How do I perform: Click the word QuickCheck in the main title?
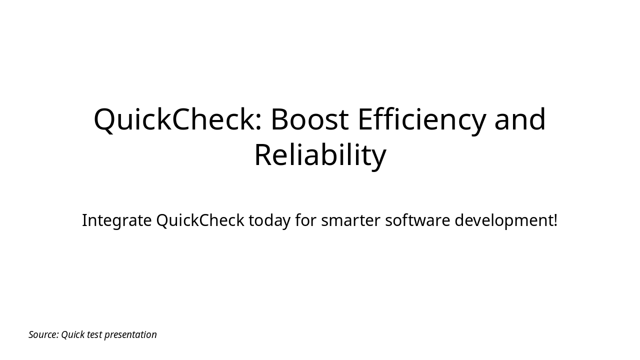click(174, 120)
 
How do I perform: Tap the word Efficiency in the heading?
click(421, 120)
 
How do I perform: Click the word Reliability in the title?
click(320, 155)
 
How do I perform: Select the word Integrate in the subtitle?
click(116, 220)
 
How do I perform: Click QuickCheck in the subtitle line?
click(200, 220)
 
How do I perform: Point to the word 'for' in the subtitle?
click(305, 220)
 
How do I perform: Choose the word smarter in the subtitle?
click(350, 220)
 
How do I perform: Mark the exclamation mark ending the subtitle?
click(555, 220)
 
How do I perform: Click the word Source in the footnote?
click(43, 335)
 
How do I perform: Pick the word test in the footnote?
click(94, 335)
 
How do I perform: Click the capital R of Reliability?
click(263, 155)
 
